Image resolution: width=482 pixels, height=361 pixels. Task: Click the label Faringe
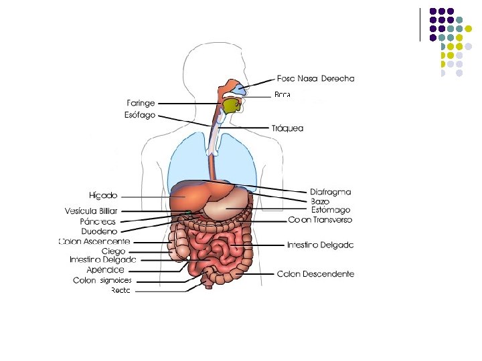141,104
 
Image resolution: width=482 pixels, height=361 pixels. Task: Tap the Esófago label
140,115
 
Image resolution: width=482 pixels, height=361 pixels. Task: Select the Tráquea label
287,128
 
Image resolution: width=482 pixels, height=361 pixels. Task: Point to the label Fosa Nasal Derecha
316,78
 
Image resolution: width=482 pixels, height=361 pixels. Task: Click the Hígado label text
103,196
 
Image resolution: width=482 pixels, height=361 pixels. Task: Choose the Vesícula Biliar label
91,211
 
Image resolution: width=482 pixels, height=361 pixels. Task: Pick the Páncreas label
98,221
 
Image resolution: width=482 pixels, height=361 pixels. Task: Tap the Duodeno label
99,231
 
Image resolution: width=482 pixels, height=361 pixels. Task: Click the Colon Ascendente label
94,241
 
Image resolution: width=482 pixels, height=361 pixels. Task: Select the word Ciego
113,251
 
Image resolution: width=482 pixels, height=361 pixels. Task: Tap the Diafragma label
330,192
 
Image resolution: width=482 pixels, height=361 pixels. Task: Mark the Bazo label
320,201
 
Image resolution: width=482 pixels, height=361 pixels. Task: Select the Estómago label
331,210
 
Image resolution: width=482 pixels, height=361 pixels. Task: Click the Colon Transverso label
320,220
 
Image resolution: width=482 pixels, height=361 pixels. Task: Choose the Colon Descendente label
315,274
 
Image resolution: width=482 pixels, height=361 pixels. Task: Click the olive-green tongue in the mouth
232,106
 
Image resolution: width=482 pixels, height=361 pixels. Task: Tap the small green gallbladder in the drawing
189,212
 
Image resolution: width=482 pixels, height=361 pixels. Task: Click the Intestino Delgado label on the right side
320,245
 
